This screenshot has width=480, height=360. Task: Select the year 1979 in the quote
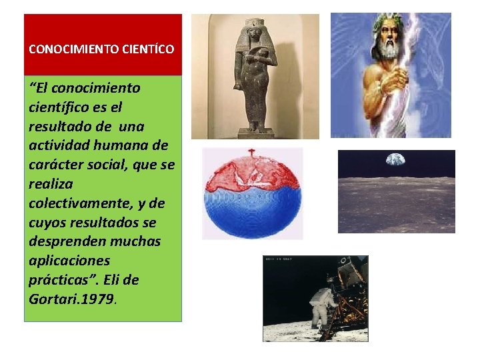96,299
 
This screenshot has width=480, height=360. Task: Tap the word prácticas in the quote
58,279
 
